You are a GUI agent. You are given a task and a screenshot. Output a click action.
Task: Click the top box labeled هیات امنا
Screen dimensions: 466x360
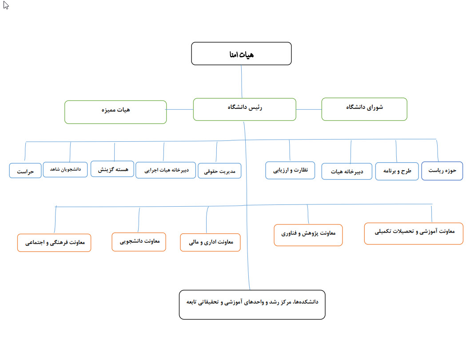click(241, 53)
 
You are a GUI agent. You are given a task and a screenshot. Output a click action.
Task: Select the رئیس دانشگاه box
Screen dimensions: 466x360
click(245, 109)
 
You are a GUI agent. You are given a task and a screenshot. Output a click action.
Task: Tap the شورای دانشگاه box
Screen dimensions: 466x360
click(364, 109)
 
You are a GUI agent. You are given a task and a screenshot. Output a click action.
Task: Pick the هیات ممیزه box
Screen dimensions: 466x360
click(116, 112)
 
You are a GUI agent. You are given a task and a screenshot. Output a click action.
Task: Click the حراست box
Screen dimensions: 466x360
click(25, 171)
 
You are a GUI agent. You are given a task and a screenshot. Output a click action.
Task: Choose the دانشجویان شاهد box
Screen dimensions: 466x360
click(65, 169)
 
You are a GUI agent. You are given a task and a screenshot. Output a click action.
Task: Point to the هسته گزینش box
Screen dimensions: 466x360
click(112, 169)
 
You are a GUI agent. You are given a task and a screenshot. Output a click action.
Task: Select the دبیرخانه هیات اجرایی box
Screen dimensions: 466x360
click(166, 170)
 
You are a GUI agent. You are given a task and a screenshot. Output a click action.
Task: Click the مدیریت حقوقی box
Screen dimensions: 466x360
click(219, 171)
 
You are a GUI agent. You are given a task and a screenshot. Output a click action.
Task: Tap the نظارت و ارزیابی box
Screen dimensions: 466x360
click(290, 170)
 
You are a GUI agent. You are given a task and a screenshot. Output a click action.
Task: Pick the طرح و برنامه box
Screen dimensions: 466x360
click(397, 171)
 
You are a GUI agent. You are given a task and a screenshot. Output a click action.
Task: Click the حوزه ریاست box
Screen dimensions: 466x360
click(442, 171)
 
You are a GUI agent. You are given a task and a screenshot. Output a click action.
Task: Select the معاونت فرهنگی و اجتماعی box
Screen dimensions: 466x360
click(54, 243)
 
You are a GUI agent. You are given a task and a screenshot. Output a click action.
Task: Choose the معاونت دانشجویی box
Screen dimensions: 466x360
click(139, 242)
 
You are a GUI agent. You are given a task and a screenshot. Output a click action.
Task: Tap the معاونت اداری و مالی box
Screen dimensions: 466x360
click(210, 243)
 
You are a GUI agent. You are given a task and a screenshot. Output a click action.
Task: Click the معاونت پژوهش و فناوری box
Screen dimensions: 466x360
click(308, 235)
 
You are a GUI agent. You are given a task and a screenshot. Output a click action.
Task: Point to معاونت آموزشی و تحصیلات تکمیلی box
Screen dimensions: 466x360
click(414, 234)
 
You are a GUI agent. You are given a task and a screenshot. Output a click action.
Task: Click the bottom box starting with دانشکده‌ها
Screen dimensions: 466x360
click(252, 305)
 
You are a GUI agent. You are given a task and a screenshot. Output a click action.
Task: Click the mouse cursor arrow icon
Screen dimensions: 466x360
click(6, 5)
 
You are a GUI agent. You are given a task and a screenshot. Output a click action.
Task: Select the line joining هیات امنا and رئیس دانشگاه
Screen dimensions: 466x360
click(242, 82)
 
